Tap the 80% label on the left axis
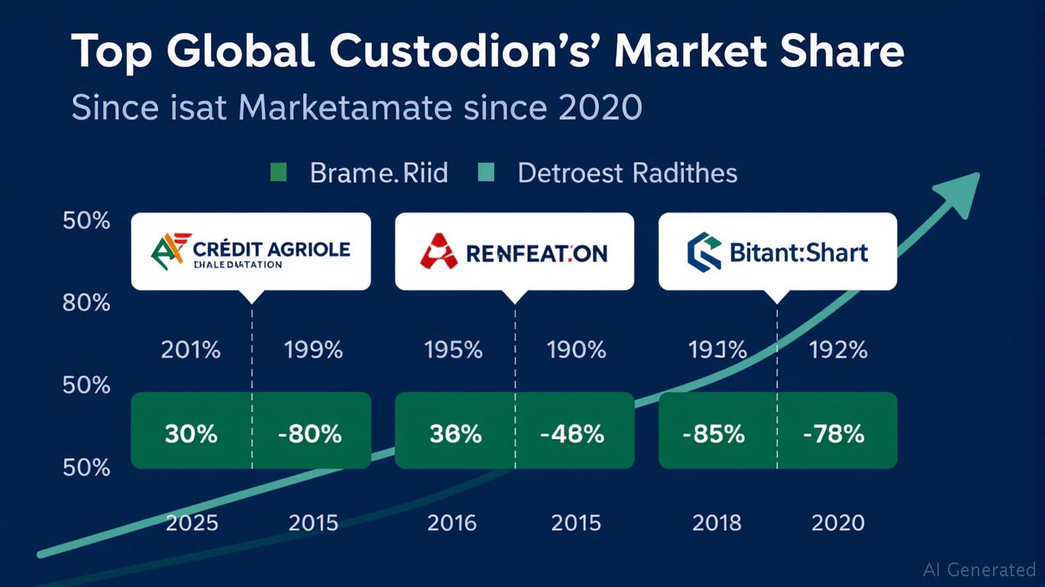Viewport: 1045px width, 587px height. click(86, 303)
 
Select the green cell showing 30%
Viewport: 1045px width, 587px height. click(191, 434)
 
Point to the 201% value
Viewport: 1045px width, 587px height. click(191, 350)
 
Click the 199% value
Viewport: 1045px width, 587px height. click(313, 350)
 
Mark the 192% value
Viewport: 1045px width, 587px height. click(838, 350)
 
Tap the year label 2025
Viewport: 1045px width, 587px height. click(191, 523)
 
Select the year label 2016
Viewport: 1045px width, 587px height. click(452, 523)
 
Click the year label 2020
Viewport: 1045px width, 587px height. click(838, 523)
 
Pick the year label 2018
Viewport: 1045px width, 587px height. click(717, 523)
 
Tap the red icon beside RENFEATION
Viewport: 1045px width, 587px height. click(438, 251)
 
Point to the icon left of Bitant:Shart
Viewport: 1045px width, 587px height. click(704, 252)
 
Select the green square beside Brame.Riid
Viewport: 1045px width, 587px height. click(279, 173)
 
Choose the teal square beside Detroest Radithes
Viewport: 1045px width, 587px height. click(486, 173)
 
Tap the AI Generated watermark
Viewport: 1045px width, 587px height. click(979, 569)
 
